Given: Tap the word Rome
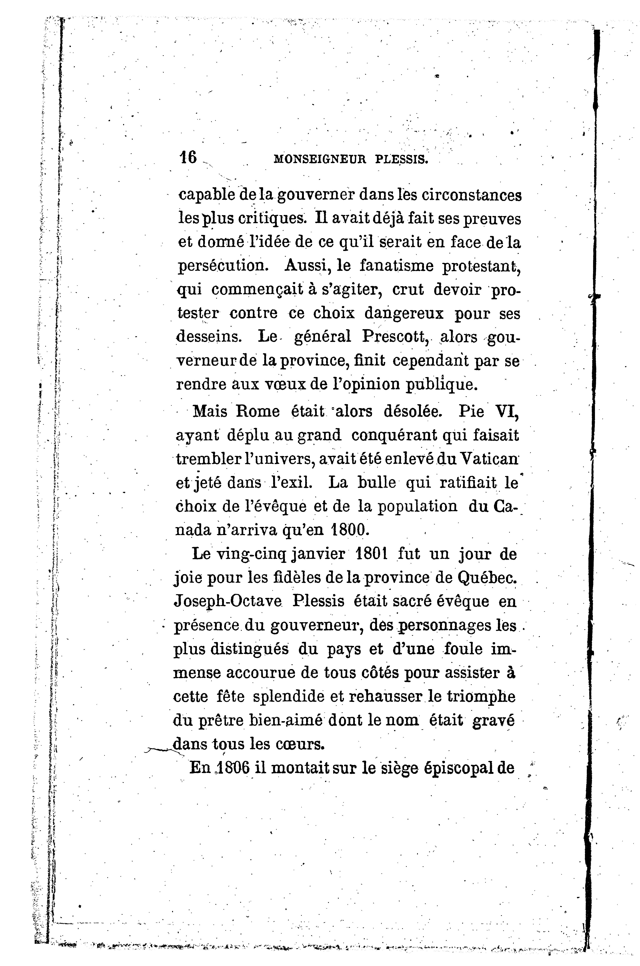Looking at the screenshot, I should coord(258,411).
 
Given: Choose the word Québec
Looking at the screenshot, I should coord(488,578).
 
